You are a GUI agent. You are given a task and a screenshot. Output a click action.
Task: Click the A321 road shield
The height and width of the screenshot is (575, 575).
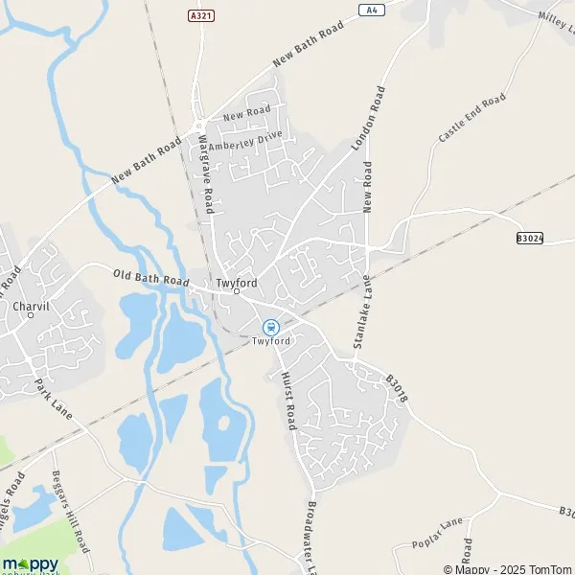[197, 16]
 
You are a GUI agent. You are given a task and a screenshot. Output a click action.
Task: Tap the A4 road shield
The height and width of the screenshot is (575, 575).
[372, 10]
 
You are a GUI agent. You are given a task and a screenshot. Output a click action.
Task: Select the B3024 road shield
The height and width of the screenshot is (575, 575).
[529, 238]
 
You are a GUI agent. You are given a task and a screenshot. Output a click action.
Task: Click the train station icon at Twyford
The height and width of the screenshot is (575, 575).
[271, 327]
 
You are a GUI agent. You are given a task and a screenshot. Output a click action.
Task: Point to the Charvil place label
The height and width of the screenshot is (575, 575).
[32, 307]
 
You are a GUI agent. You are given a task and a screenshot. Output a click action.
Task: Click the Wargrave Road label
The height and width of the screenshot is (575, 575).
[205, 174]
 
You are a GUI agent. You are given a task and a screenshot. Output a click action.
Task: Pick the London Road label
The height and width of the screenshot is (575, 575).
[369, 118]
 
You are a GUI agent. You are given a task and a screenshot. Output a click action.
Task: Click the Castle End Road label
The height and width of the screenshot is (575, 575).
[471, 119]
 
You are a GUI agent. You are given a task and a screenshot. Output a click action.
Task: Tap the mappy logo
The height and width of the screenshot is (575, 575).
[30, 563]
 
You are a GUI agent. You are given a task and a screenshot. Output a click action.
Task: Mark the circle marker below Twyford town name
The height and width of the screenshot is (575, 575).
[237, 291]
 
